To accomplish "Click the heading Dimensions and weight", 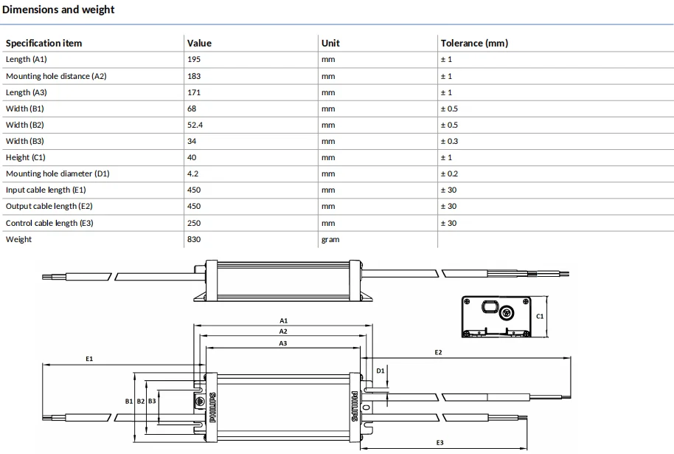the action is coord(58,10).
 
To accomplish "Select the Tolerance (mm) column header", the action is coord(474,43).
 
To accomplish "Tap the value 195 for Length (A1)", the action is coord(194,59).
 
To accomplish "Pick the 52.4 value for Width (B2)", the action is coord(195,125).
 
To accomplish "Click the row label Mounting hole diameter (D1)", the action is coord(58,173).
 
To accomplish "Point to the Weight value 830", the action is coord(194,239).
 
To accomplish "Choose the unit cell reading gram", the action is coord(330,240).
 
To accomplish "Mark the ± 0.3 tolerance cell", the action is coord(449,141).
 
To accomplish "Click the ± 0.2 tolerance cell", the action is coord(449,174).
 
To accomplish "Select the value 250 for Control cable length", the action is coord(194,223).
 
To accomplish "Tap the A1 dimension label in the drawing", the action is coord(283,320).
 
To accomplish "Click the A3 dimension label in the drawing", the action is coord(283,343).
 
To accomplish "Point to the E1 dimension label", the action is coord(89,359).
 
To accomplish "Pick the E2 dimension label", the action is coord(438,352).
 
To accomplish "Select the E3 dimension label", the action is coord(440,442).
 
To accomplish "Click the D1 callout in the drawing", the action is coord(381,371).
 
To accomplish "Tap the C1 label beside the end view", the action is coord(540,316).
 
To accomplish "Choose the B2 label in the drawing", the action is coord(141,401).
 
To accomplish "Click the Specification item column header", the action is coord(44,43).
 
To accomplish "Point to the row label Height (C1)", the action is coord(25,157).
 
